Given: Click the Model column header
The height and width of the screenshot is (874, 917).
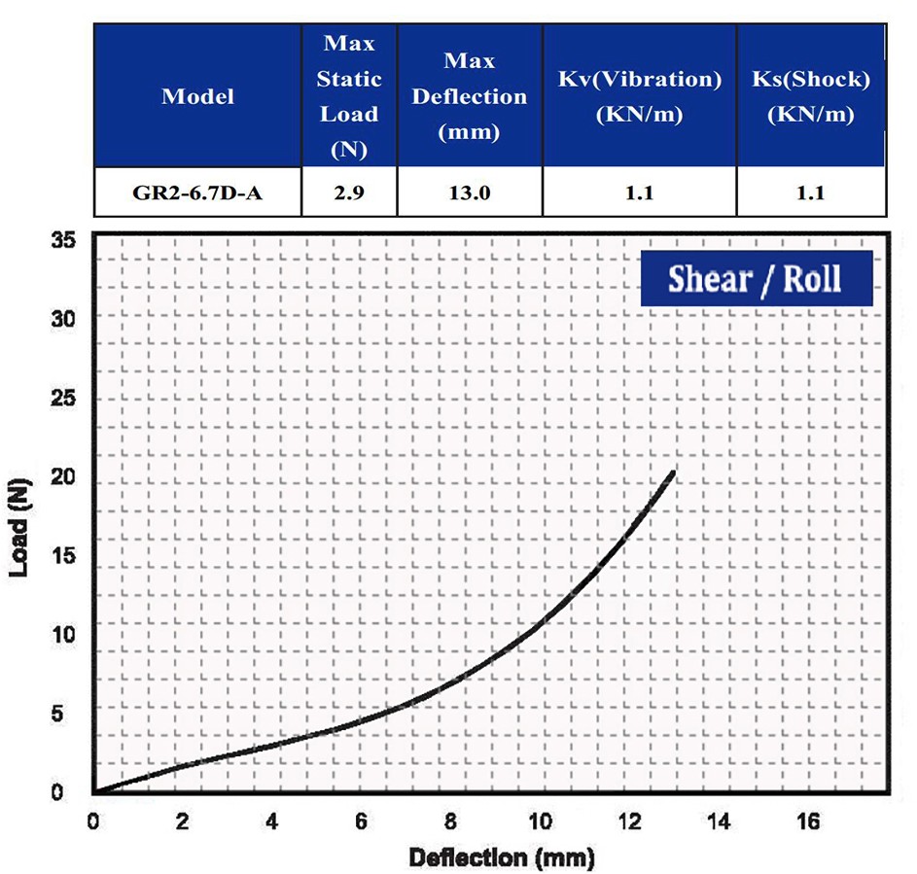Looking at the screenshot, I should [197, 96].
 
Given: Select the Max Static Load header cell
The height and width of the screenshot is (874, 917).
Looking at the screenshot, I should [349, 96].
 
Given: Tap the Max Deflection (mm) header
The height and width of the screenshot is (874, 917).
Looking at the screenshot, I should [470, 96].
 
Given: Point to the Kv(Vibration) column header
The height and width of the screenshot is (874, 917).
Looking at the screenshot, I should [639, 96].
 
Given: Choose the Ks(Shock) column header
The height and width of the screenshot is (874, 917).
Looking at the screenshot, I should [810, 96].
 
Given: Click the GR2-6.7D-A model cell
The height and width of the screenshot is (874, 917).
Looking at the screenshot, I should [197, 192].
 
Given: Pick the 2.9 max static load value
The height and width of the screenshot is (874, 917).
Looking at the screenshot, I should [349, 192].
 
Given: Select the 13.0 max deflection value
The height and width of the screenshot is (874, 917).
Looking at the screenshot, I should [470, 192].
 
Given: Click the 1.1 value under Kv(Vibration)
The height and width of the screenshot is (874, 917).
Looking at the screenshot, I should [639, 192].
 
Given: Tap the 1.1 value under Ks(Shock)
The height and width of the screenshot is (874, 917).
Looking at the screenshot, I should [810, 192].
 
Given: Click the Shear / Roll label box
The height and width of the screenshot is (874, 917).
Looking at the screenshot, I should [755, 279].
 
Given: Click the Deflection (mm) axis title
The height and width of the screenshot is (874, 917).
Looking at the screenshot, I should [501, 857].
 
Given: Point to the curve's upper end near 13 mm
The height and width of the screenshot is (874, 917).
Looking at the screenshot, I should [673, 472].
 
